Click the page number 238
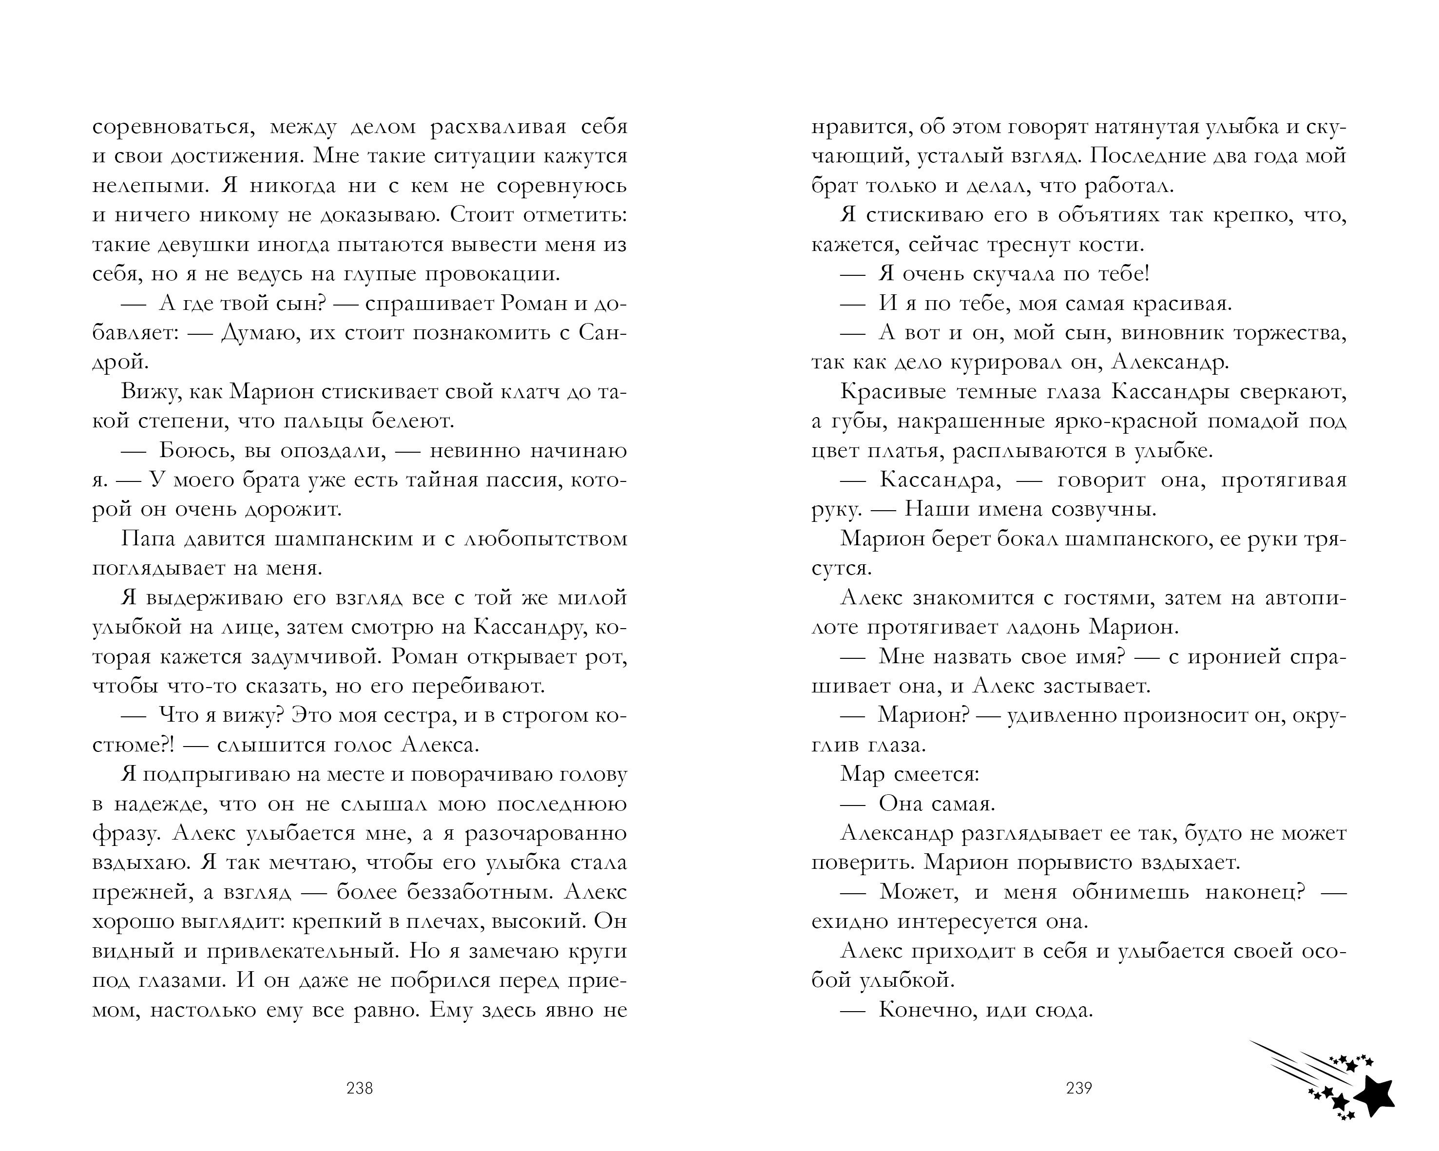[360, 1088]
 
